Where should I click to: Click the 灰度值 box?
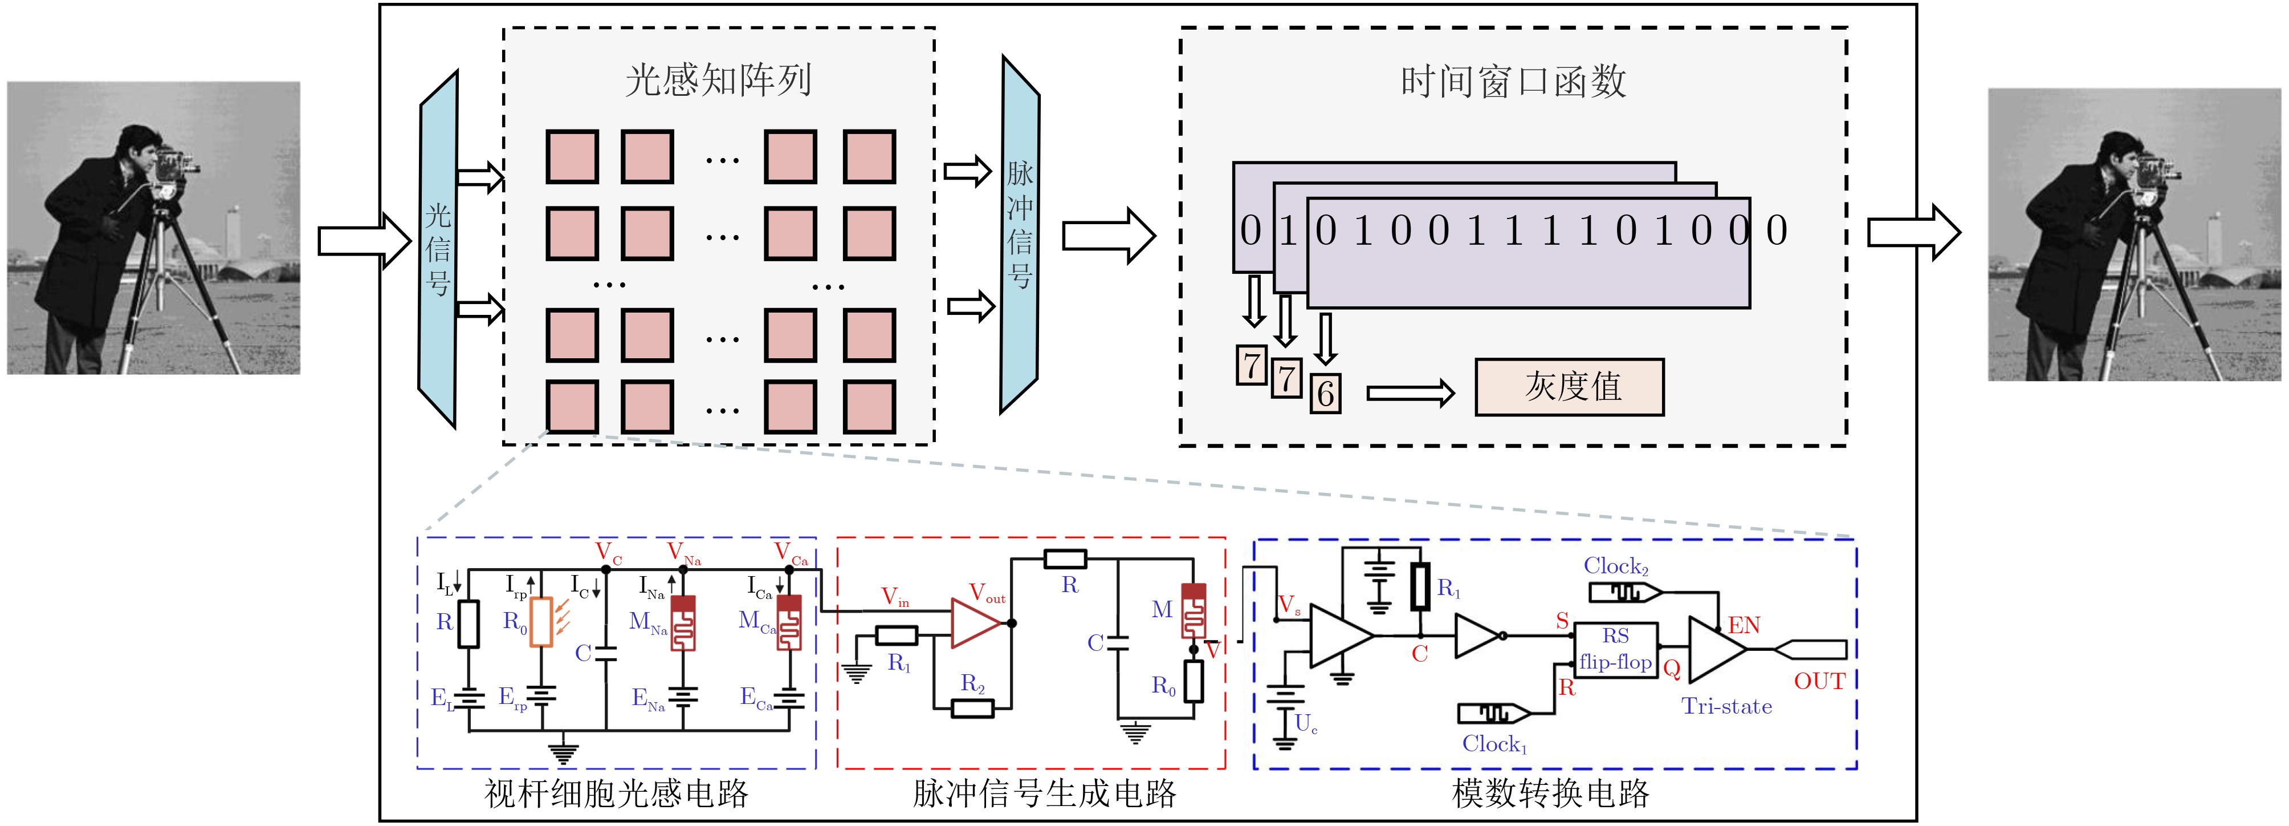pyautogui.click(x=1569, y=387)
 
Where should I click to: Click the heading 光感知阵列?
pyautogui.click(x=718, y=80)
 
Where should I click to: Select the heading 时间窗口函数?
pyautogui.click(x=1513, y=82)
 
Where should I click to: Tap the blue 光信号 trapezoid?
pyautogui.click(x=438, y=249)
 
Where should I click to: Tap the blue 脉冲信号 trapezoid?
pyautogui.click(x=1019, y=234)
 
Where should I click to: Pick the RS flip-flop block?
pyautogui.click(x=1615, y=650)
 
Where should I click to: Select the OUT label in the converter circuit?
pyautogui.click(x=1819, y=682)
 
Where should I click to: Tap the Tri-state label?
pyautogui.click(x=1726, y=707)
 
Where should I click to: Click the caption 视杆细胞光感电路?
pyautogui.click(x=616, y=793)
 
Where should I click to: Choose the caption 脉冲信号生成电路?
pyautogui.click(x=1044, y=793)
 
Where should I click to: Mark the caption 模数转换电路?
pyautogui.click(x=1550, y=793)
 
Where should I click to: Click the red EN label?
pyautogui.click(x=1744, y=626)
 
